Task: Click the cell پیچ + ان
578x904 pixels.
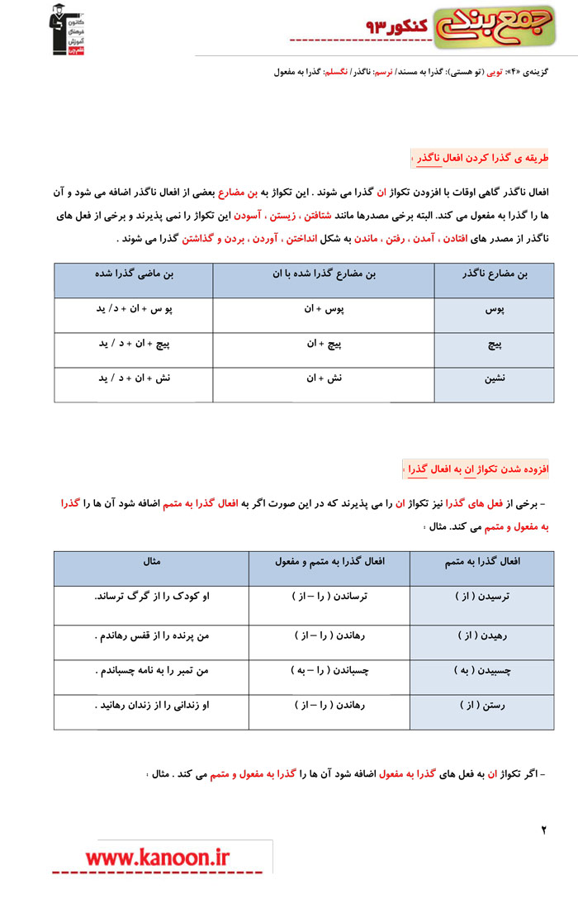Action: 325,344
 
